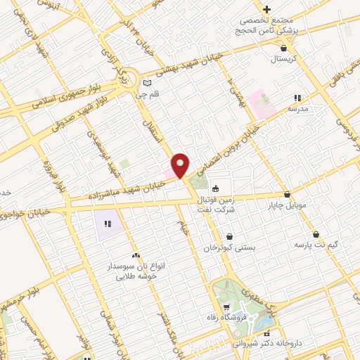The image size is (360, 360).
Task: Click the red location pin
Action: pos(180,165)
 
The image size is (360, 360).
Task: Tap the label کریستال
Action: pos(284,58)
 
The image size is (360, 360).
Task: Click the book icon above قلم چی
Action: pos(146,82)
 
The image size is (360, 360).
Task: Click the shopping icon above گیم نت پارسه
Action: pos(315,234)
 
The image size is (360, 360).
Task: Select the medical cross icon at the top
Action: pos(266,9)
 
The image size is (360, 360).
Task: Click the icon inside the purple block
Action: pos(108,224)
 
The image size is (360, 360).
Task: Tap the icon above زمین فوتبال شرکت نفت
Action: pos(215,188)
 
